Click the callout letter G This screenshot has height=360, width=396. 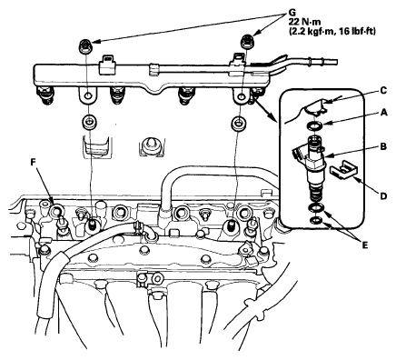(x=292, y=12)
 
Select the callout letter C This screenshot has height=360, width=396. (x=383, y=91)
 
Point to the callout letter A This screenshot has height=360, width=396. (x=383, y=113)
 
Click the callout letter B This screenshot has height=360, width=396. (x=383, y=147)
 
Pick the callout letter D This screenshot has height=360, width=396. (x=383, y=196)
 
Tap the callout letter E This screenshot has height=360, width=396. (x=365, y=245)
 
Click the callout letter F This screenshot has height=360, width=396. (x=34, y=163)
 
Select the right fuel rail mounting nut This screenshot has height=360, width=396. (x=247, y=41)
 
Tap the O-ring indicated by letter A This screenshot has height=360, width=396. (x=314, y=125)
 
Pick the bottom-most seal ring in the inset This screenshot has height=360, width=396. (x=315, y=220)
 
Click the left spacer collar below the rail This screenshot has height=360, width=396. (x=89, y=122)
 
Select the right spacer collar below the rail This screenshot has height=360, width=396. (x=239, y=123)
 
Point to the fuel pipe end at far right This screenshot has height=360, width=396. (x=336, y=62)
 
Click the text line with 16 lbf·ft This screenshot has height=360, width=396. (x=332, y=31)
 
